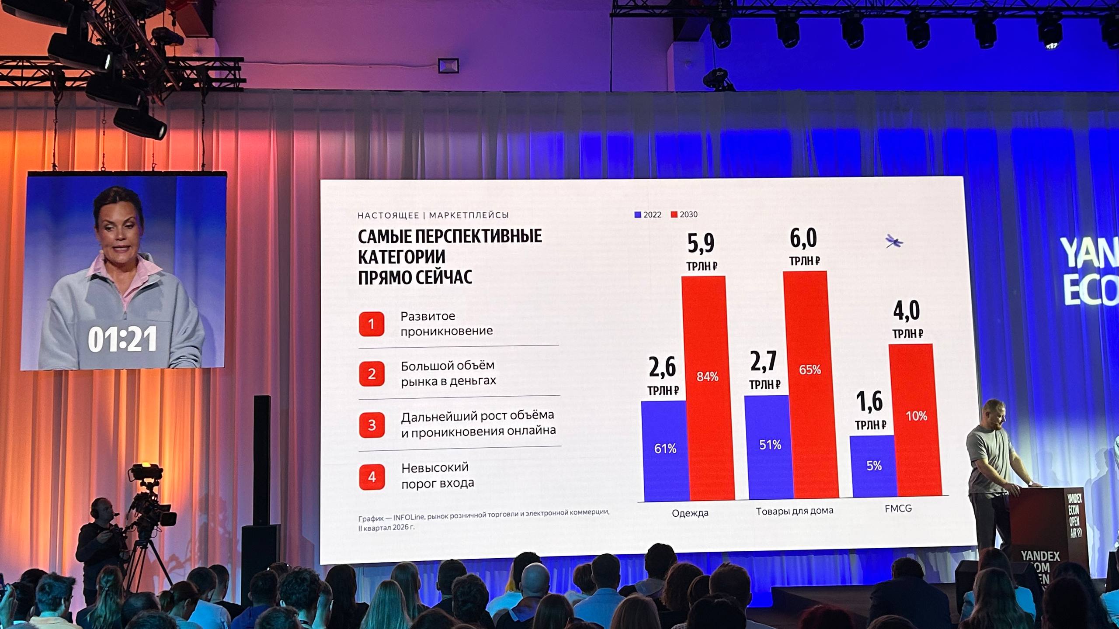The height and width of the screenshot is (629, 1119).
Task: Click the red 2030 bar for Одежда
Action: pyautogui.click(x=707, y=388)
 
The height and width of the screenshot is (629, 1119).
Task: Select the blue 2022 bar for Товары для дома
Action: pyautogui.click(x=769, y=447)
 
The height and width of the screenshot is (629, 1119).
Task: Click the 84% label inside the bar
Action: pyautogui.click(x=707, y=377)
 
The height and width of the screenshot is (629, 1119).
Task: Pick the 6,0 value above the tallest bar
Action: pyautogui.click(x=803, y=238)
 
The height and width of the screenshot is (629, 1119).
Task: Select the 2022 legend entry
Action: pyautogui.click(x=648, y=214)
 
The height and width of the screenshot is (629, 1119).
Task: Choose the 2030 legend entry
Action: pyautogui.click(x=684, y=214)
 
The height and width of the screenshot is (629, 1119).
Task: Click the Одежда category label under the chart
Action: pyautogui.click(x=690, y=513)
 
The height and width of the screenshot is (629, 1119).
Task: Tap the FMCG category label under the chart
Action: pyautogui.click(x=898, y=508)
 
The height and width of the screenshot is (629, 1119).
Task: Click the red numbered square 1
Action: pyautogui.click(x=372, y=324)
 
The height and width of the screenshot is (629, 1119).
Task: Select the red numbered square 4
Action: pyautogui.click(x=372, y=477)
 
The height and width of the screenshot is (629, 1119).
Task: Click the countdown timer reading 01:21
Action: pyautogui.click(x=122, y=339)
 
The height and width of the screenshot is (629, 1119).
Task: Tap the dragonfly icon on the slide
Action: pyautogui.click(x=894, y=241)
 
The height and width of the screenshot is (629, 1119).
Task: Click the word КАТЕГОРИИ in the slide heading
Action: pyautogui.click(x=402, y=257)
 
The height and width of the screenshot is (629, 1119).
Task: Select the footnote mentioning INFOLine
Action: pyautogui.click(x=483, y=519)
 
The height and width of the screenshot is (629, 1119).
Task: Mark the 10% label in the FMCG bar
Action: pyautogui.click(x=916, y=416)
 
